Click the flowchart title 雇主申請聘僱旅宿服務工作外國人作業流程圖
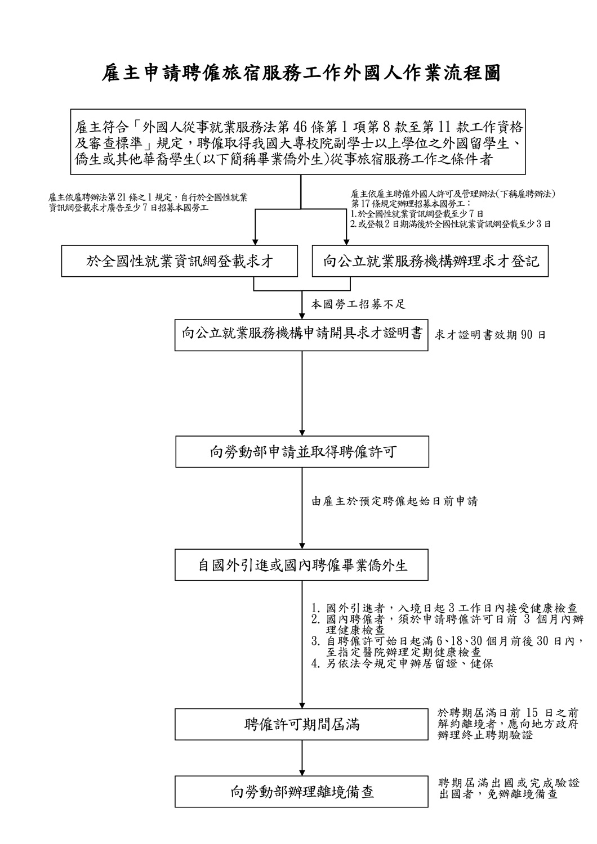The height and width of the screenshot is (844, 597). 300,73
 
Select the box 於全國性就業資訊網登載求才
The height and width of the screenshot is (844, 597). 179,261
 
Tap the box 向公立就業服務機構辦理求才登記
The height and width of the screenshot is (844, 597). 430,261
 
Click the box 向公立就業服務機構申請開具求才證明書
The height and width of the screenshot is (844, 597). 302,334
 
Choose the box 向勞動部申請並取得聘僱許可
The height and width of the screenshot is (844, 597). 302,452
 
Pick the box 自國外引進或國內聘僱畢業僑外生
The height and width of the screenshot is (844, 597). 302,565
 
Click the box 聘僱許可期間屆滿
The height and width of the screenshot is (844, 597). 302,724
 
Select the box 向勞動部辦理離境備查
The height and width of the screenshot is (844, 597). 302,792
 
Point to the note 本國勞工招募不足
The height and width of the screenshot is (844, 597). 359,304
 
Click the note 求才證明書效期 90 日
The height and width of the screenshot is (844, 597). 490,335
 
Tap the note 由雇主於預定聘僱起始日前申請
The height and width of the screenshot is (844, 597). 395,501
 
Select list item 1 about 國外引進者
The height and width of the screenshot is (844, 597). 445,608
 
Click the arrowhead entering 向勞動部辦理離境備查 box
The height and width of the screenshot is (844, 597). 302,772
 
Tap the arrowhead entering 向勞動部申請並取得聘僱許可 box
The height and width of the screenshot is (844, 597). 302,432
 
